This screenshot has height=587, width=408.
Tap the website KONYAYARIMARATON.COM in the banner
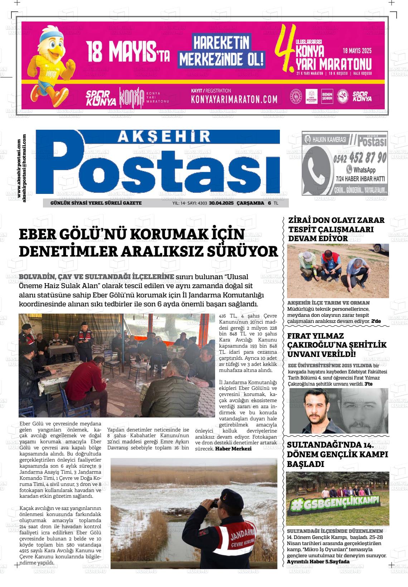[234, 99]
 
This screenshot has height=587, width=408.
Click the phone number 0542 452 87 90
[360, 158]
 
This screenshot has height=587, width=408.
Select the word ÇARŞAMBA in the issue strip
[250, 203]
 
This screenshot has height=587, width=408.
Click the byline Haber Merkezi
[233, 449]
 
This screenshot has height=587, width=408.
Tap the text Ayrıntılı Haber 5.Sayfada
[318, 562]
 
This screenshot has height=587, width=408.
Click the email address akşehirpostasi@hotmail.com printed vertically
[24, 168]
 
